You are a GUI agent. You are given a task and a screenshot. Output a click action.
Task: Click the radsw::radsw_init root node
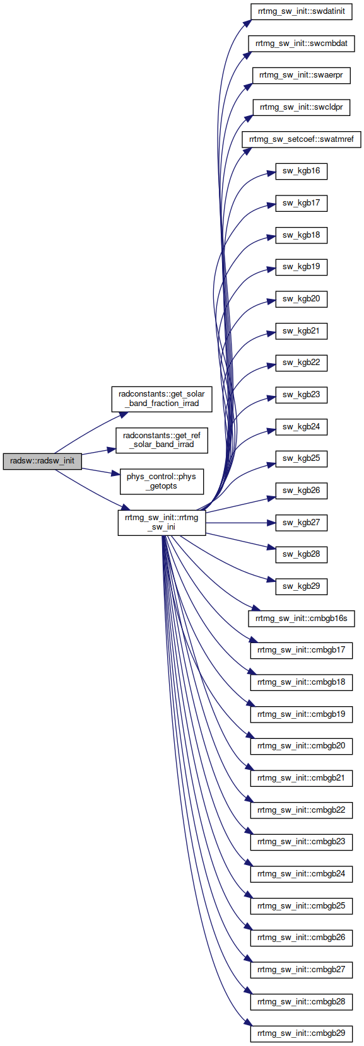[x=42, y=461]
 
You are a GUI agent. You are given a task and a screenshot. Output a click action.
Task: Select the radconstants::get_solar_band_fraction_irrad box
[x=161, y=398]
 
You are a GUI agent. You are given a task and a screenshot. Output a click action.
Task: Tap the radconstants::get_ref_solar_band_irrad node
[x=161, y=440]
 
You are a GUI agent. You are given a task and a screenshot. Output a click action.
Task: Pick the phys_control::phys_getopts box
[x=161, y=481]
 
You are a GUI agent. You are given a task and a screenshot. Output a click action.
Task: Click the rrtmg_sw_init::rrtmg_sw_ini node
[x=161, y=522]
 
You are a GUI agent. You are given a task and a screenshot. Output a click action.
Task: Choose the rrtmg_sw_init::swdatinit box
[x=302, y=11]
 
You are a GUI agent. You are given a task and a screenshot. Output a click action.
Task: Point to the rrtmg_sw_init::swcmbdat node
[x=302, y=44]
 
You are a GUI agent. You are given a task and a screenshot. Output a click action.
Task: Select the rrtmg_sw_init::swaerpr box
[x=302, y=75]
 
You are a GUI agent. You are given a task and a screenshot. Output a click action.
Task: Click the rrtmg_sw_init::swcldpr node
[x=302, y=107]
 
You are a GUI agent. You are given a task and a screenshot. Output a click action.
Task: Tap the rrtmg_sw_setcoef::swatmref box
[x=302, y=139]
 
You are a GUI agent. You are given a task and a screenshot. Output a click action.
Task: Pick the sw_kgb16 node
[x=302, y=171]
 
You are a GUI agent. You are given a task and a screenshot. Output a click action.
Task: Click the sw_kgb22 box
[x=302, y=363]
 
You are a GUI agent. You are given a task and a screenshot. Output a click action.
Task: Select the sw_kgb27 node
[x=302, y=523]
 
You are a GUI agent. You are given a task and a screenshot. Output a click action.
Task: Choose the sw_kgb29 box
[x=302, y=586]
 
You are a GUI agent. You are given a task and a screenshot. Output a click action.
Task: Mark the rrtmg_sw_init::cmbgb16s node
[x=302, y=619]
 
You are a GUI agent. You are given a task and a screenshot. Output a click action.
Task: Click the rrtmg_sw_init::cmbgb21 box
[x=302, y=778]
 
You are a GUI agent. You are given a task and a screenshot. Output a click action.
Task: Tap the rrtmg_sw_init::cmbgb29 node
[x=302, y=1033]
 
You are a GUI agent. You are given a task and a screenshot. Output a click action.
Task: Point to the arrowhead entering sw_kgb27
[x=271, y=523]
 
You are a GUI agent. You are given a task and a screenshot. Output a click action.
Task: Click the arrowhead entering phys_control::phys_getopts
[x=116, y=473]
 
